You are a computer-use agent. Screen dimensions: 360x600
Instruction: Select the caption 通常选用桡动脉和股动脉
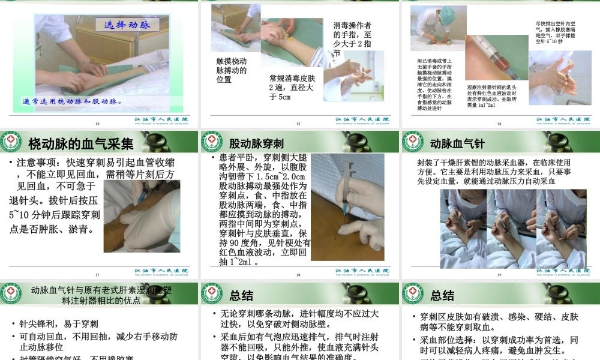(x=73, y=101)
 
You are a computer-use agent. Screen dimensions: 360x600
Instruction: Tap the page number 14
(x=98, y=124)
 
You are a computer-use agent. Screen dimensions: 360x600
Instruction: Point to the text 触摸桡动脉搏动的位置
(x=232, y=70)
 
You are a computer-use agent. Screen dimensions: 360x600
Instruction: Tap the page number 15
(x=298, y=124)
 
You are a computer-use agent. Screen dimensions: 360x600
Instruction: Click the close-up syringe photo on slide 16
(x=494, y=58)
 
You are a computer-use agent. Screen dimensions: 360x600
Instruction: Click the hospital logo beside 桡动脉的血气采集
(x=11, y=142)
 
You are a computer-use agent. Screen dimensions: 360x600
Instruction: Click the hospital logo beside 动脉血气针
(x=412, y=142)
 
